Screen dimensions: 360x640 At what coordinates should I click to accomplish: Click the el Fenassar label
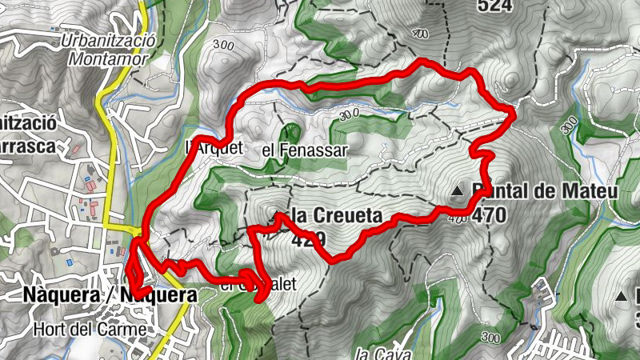(304, 150)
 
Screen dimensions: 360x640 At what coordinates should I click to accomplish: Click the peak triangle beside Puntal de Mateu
(457, 191)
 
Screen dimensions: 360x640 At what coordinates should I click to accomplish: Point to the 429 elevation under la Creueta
(307, 238)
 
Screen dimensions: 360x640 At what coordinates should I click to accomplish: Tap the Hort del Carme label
(90, 328)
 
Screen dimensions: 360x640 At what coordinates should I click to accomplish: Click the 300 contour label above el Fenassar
(348, 115)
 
